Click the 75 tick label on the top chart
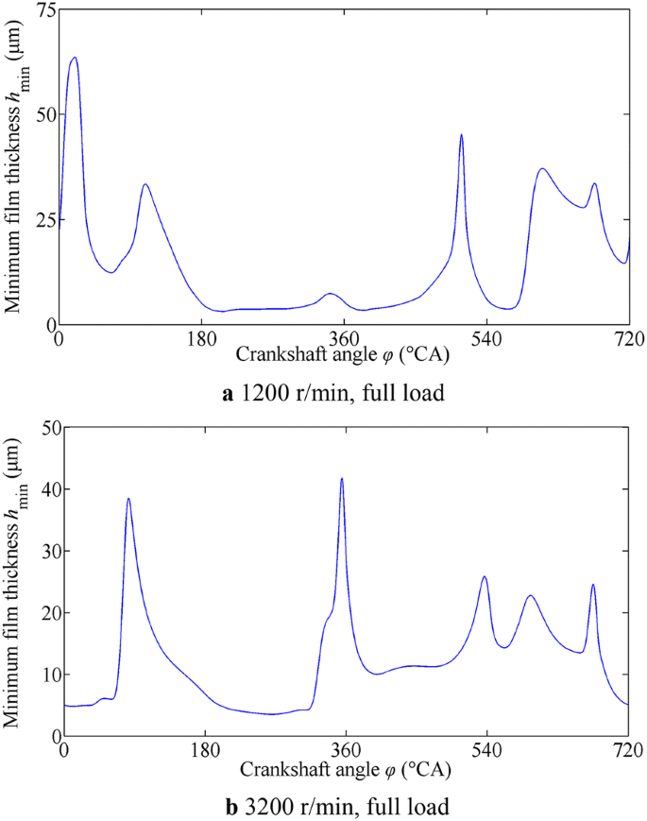[43, 10]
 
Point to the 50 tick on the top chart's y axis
[43, 114]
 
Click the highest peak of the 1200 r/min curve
[74, 58]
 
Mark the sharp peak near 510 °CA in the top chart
[461, 135]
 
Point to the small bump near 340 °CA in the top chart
[329, 294]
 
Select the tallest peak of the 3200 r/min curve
[342, 479]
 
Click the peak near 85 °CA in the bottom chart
[128, 499]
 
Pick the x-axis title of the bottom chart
[345, 769]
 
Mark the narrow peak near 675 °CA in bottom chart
[593, 585]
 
